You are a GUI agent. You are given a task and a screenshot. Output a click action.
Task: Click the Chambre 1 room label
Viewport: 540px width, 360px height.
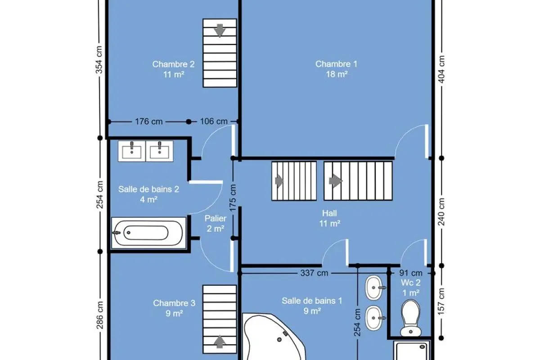(x=336, y=69)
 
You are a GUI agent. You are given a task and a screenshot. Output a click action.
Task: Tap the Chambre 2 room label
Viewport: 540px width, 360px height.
(x=173, y=69)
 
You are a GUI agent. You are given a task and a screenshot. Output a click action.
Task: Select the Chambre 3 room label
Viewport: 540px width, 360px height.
(x=174, y=308)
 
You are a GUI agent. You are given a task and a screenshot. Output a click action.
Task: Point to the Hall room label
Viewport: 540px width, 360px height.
(x=329, y=218)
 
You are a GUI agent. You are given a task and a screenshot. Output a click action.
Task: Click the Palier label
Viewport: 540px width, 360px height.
(x=215, y=224)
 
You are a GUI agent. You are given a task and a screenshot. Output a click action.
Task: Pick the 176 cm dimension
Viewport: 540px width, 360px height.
(x=149, y=121)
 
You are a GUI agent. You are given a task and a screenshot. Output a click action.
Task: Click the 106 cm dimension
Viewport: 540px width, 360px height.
(x=214, y=121)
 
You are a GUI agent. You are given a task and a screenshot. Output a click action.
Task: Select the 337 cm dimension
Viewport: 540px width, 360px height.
(x=314, y=273)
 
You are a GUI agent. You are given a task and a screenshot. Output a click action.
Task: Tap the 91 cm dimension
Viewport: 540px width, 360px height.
(x=410, y=273)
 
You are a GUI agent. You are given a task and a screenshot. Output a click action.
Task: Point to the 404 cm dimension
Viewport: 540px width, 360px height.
(x=441, y=69)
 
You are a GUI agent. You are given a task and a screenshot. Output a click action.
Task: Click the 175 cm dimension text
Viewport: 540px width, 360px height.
(x=233, y=198)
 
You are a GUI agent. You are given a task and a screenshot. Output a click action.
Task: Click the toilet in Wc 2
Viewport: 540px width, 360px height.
(x=410, y=318)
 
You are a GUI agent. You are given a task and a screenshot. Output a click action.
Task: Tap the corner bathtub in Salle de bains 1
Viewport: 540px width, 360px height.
(x=274, y=337)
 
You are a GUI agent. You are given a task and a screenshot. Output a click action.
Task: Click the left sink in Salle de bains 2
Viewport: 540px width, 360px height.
(x=131, y=151)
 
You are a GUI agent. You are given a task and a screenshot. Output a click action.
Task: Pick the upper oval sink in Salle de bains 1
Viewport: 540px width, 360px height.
(x=374, y=288)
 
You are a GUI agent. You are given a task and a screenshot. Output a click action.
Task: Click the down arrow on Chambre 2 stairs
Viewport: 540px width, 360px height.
(x=220, y=31)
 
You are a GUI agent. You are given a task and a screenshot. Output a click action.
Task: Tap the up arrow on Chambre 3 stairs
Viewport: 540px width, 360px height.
(x=220, y=342)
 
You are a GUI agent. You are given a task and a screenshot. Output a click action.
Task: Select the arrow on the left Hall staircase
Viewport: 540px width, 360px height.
(x=279, y=181)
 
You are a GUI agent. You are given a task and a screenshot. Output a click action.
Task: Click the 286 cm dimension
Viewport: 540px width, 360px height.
(x=100, y=315)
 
